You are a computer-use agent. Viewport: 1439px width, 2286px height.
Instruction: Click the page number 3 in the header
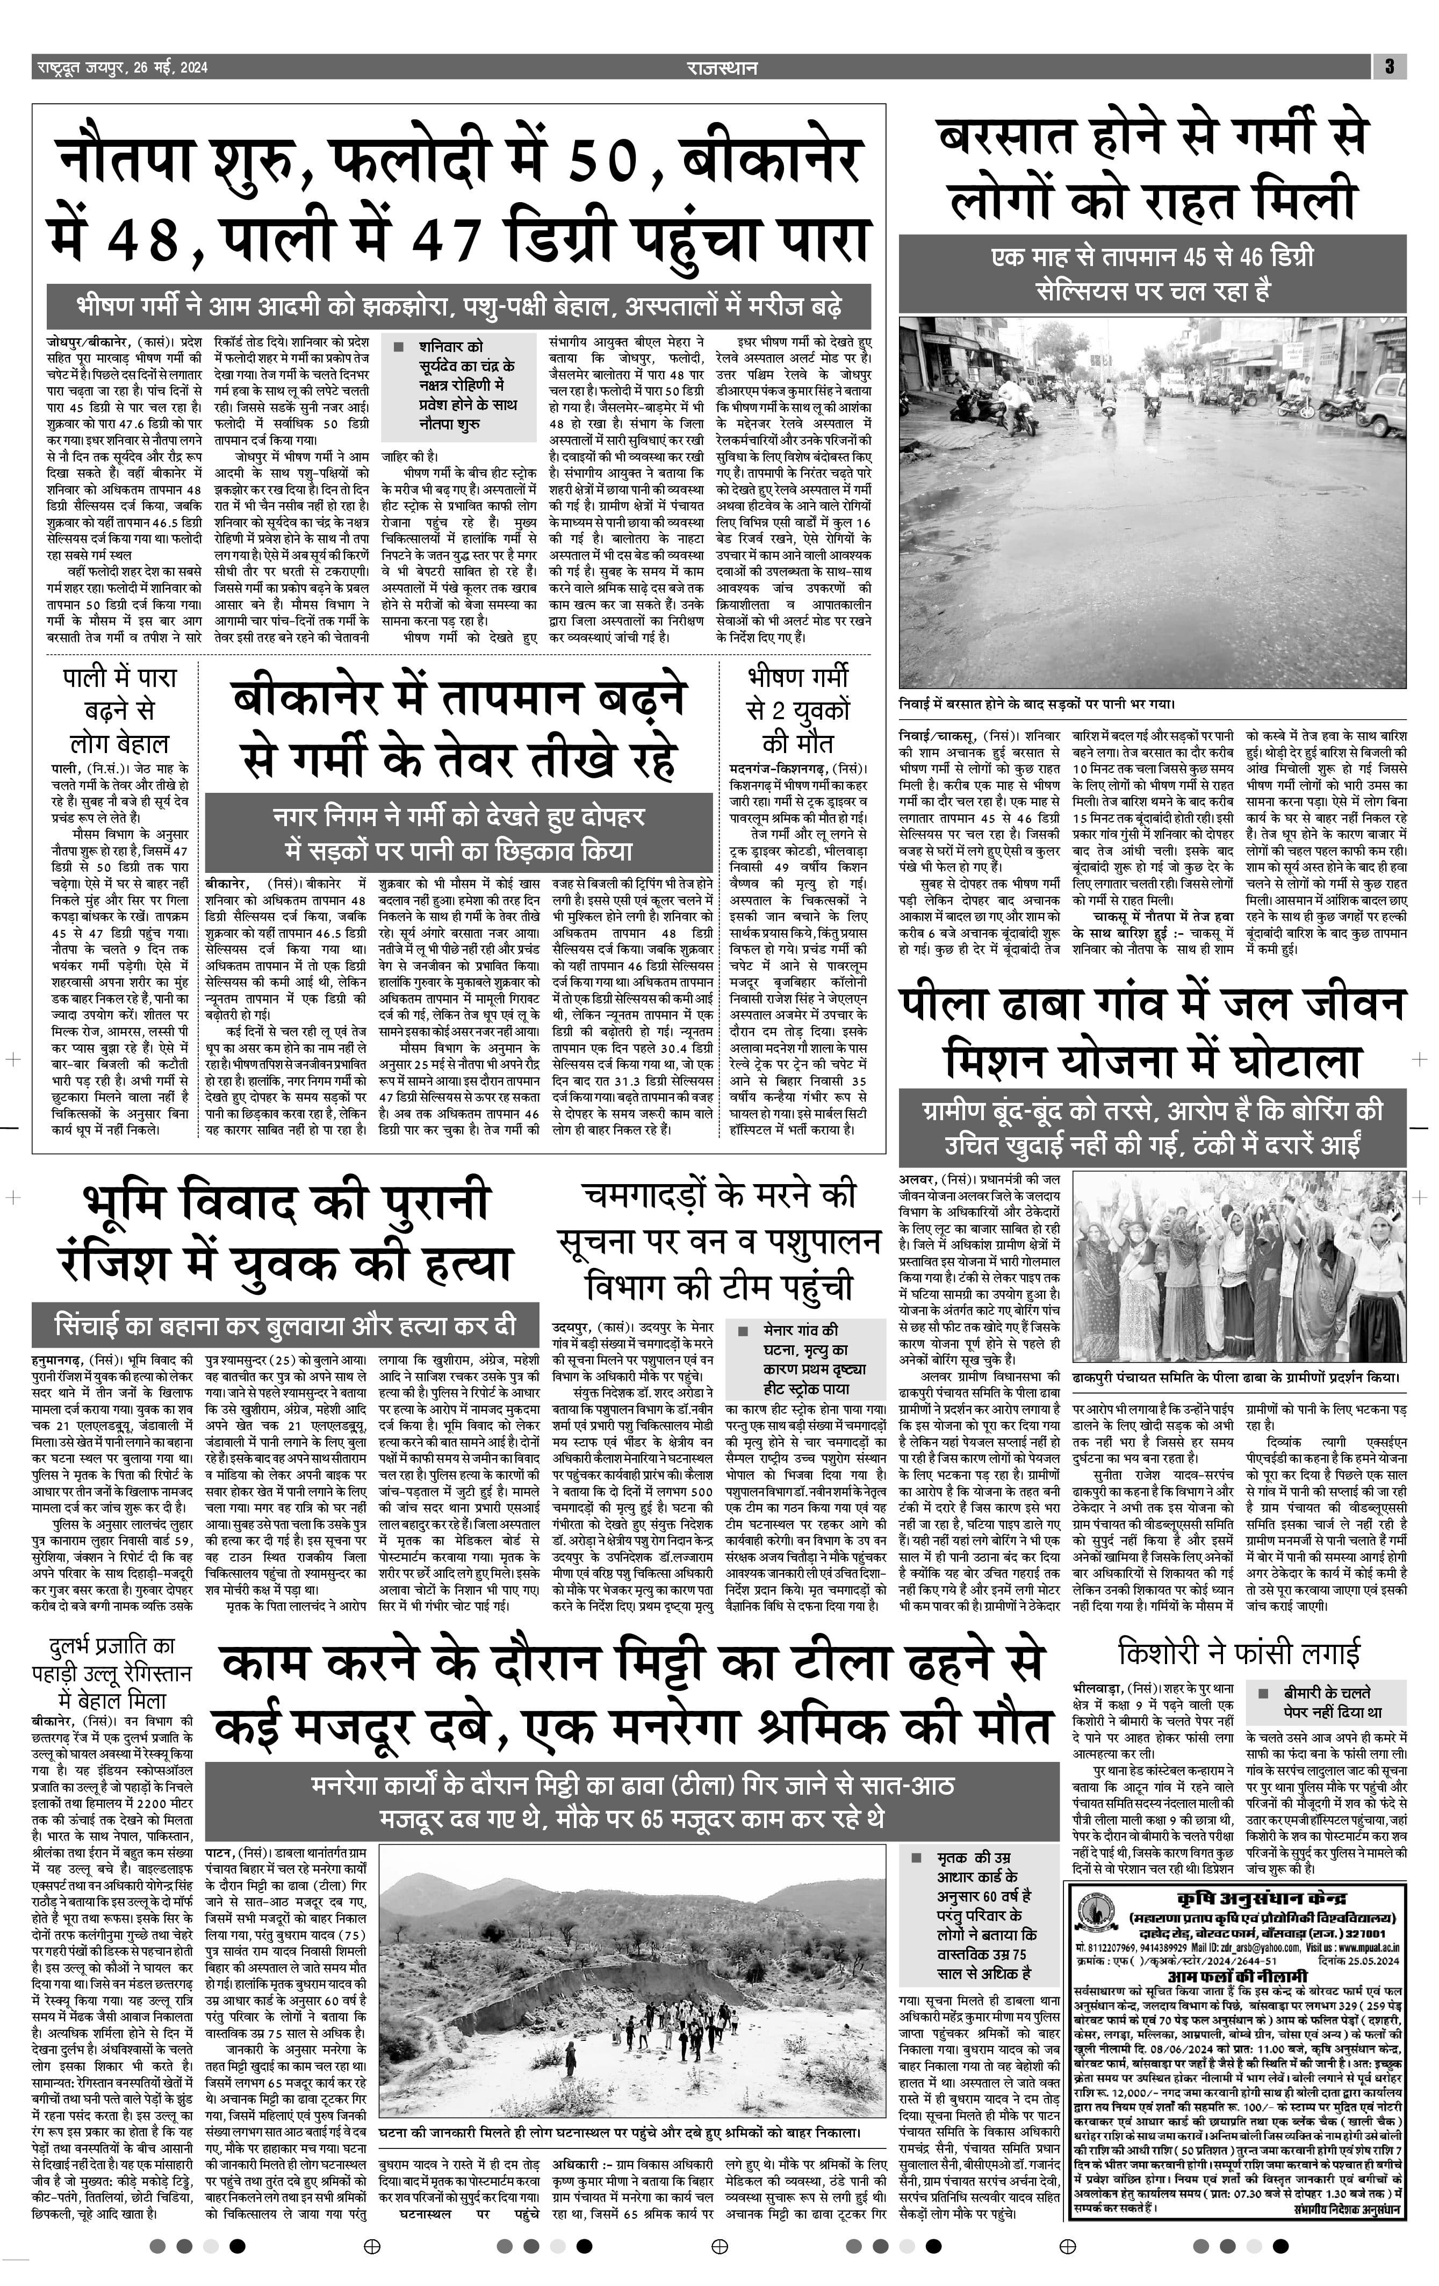1388,67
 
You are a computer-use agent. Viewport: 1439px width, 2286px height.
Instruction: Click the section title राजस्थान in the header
722,67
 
